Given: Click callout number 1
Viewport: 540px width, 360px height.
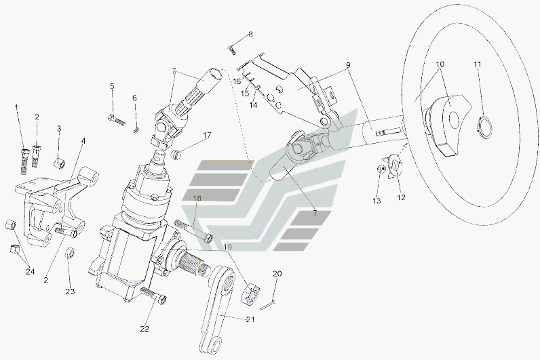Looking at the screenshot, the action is coord(16,107).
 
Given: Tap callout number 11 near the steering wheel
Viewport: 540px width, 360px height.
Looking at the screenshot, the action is coord(477,64).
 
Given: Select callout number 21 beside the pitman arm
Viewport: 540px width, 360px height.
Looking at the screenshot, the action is coord(250,319).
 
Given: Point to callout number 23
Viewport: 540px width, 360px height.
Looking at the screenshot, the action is coord(70,292).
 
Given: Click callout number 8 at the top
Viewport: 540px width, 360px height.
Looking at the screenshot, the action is coord(250,35).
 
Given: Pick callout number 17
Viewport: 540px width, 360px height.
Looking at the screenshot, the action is coord(207,135).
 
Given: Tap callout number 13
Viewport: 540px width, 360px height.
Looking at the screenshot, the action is coord(377,200).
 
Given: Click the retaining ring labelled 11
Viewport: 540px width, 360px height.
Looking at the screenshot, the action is coord(485,128).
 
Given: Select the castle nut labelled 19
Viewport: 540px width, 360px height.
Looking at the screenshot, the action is coord(251,294).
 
